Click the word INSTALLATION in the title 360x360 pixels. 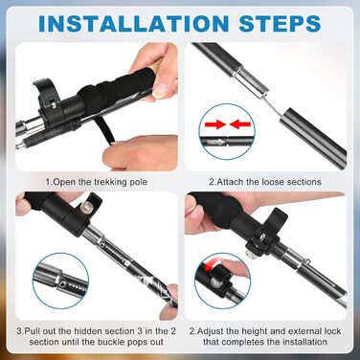[x=134, y=23]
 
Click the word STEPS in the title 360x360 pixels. [x=280, y=23]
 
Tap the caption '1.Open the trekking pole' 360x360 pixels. [x=97, y=182]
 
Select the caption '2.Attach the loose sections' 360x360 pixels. [x=265, y=182]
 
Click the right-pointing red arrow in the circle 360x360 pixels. [x=215, y=124]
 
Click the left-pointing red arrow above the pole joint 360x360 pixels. [x=240, y=124]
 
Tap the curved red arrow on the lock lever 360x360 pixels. [x=212, y=266]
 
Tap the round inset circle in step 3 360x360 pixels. [x=59, y=281]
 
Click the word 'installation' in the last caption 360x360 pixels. [x=303, y=342]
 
